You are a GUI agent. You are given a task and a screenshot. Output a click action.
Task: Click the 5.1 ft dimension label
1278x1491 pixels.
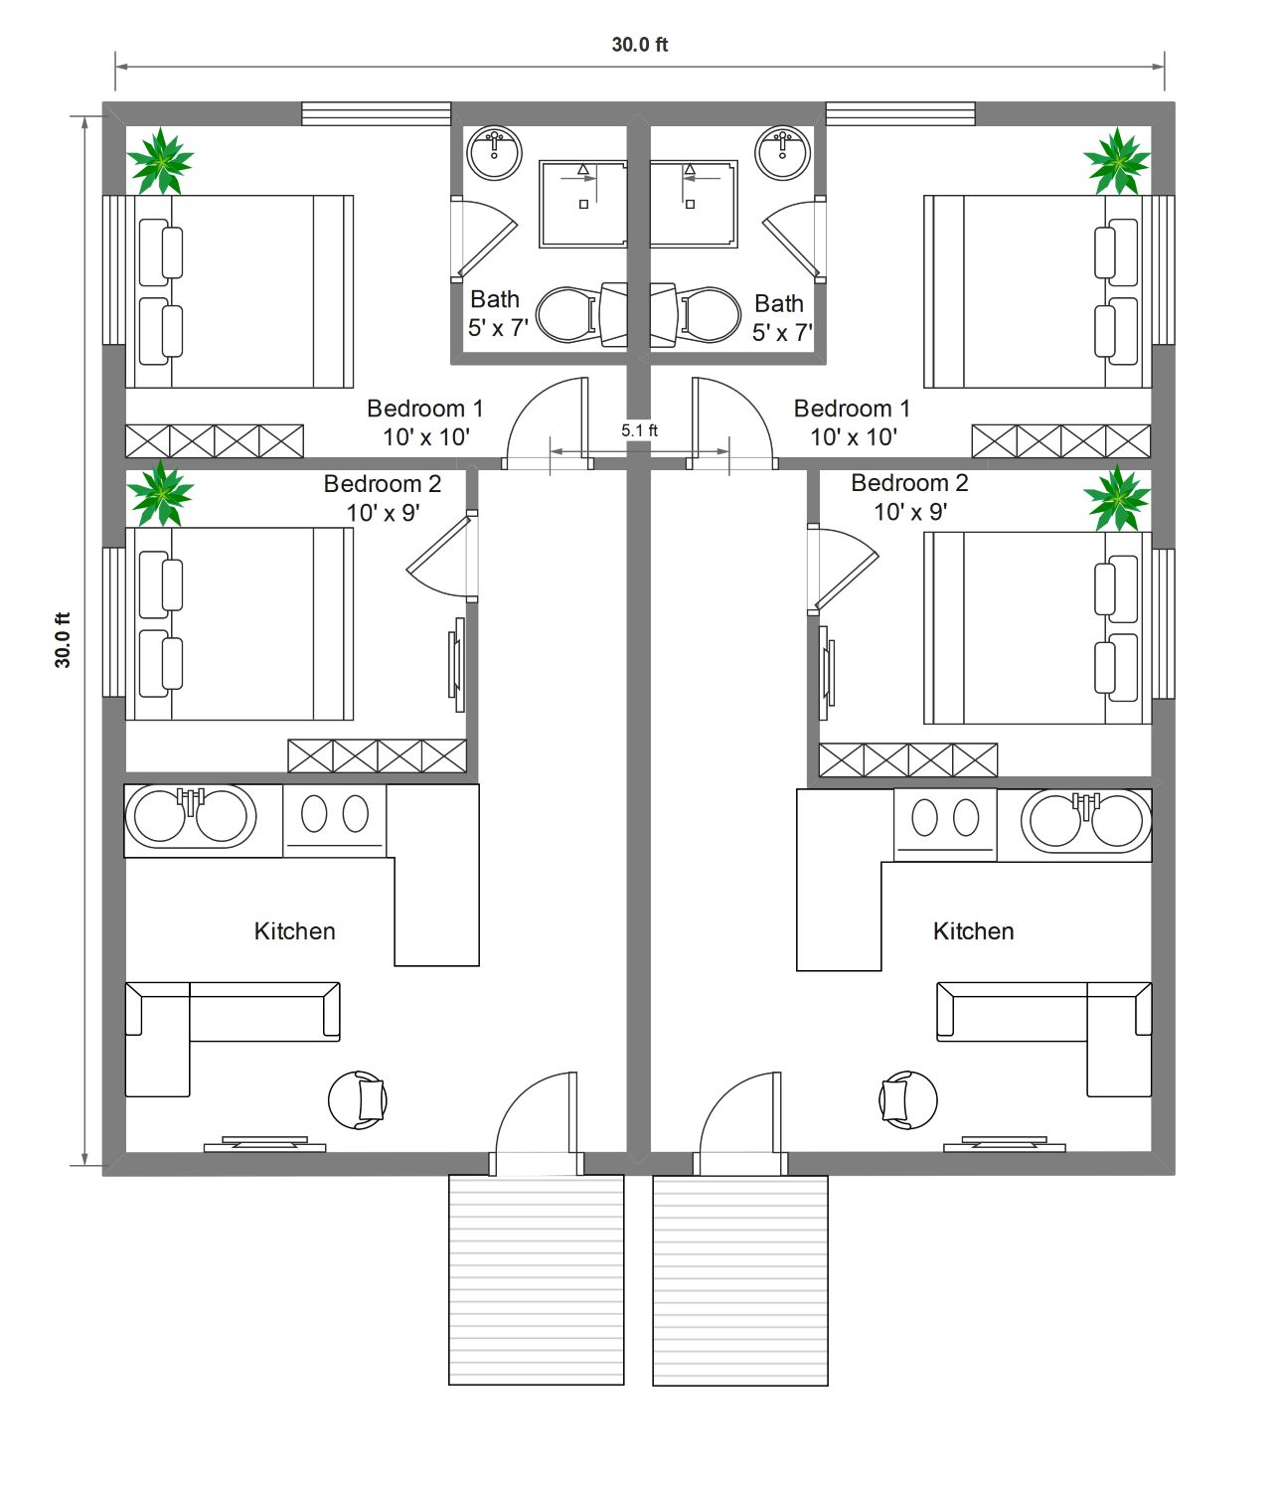pos(639,430)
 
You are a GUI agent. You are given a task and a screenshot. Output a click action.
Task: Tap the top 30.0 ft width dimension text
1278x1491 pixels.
pos(640,45)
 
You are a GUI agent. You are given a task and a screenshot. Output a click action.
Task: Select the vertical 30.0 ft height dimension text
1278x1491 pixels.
pos(63,640)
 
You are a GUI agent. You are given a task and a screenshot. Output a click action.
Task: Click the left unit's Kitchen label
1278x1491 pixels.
pos(294,930)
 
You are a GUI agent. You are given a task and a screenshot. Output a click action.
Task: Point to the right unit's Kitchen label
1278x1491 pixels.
pos(973,930)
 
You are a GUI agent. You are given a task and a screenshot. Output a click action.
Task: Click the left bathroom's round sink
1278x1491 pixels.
pos(494,153)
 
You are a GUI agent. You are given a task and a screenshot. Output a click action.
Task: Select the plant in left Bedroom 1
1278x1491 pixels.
pos(160,162)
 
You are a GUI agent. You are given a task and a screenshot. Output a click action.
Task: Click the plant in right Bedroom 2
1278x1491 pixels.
pos(1117,498)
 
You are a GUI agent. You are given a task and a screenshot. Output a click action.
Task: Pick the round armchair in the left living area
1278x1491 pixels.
pos(358,1100)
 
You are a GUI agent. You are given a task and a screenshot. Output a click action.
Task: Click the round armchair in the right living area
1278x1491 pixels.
pos(908,1100)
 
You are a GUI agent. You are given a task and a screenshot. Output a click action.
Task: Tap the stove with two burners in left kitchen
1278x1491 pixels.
pos(335,821)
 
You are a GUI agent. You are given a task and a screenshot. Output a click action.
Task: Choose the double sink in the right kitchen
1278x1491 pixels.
pos(1086,825)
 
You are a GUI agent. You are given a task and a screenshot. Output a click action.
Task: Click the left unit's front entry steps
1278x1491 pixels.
pos(536,1279)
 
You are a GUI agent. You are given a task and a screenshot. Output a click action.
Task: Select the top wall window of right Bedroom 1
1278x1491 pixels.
pos(900,114)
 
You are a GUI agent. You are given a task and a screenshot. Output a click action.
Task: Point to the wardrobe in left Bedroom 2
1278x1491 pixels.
pos(378,756)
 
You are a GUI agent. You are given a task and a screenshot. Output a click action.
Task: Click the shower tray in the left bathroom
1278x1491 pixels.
pos(582,204)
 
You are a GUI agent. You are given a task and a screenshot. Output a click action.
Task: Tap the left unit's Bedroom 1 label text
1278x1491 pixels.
pos(425,409)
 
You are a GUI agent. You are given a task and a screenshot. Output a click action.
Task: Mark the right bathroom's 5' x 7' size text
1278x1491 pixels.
pos(782,332)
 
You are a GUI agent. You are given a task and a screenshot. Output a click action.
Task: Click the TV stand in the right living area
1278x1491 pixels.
pos(1004,1145)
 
